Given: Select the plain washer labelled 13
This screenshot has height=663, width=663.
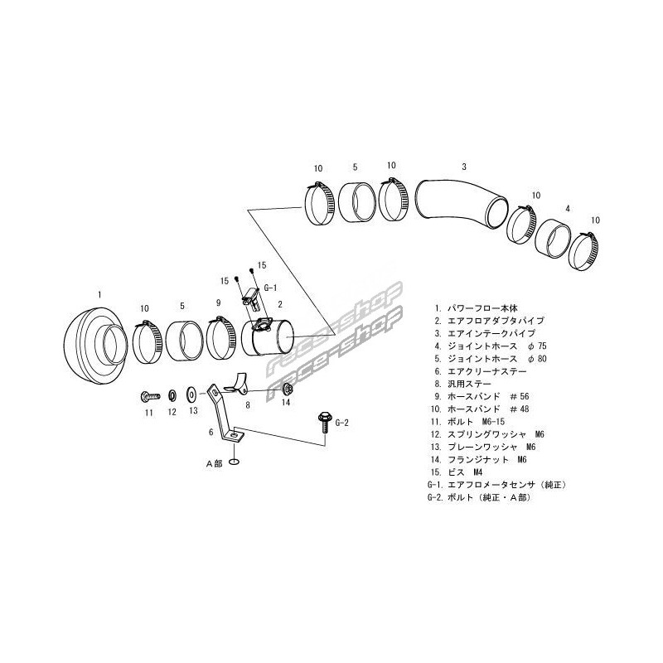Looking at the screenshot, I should (191, 389).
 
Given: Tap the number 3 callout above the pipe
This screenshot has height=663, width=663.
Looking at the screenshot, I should (463, 166).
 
